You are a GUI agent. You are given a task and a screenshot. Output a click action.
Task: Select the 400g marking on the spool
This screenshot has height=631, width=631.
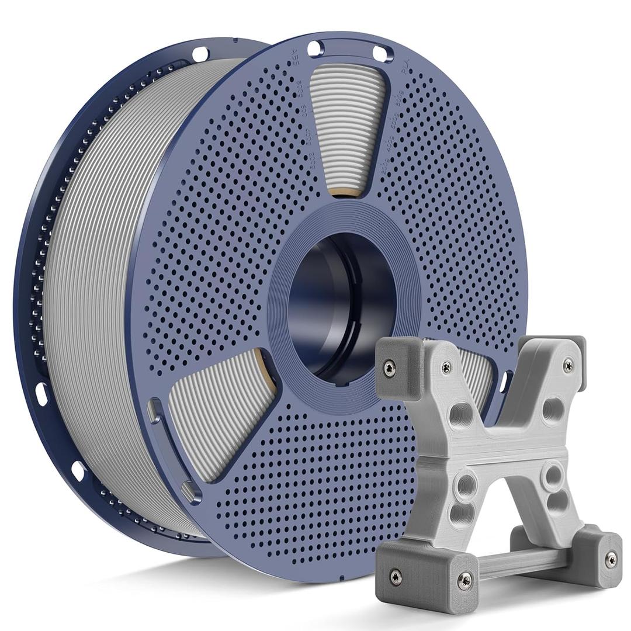(x=388, y=144)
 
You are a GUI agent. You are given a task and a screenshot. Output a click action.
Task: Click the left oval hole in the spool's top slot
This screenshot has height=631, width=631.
(x=315, y=48)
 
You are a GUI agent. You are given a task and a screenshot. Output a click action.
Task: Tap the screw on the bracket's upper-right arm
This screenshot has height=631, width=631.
(x=567, y=365)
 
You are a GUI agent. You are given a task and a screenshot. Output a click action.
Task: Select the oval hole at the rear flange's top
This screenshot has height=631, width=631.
(x=200, y=54)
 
